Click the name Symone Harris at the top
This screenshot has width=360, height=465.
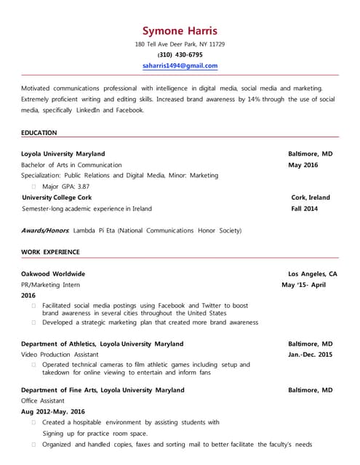tap(180, 31)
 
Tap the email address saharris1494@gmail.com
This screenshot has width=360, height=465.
tap(180, 65)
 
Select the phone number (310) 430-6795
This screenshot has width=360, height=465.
tap(180, 54)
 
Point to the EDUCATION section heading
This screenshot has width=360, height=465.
tap(39, 133)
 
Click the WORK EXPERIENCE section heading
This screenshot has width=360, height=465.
tap(50, 252)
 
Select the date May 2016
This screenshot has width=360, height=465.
tap(303, 165)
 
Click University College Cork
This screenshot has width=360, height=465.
tap(57, 198)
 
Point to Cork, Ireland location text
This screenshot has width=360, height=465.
tap(311, 198)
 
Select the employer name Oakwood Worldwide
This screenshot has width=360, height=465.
tap(53, 274)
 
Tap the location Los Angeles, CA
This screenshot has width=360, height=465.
tap(313, 274)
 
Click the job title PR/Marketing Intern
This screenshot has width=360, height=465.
tap(50, 285)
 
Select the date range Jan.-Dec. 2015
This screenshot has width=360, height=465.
tap(310, 355)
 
